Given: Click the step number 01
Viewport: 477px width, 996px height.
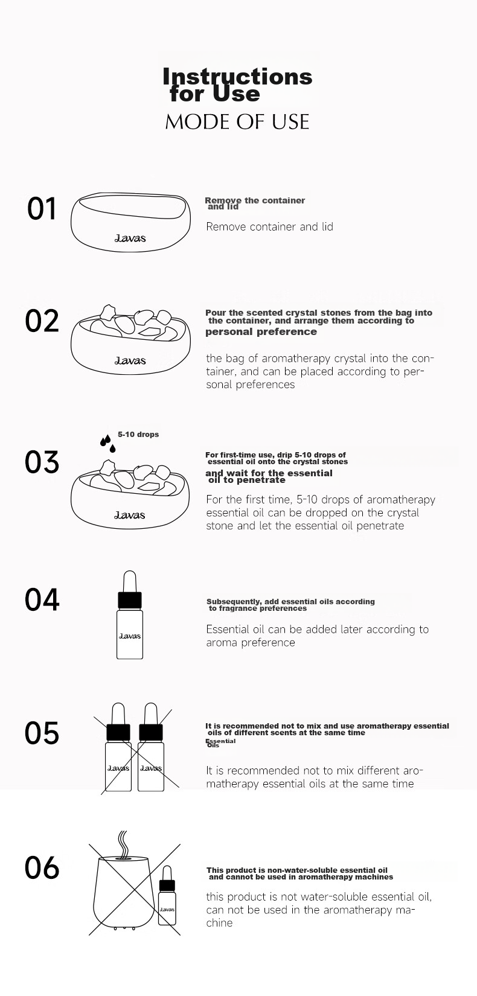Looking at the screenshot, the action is point(42,208).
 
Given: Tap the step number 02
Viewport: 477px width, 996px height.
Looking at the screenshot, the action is point(42,321).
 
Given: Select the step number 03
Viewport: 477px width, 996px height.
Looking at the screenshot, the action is point(42,462).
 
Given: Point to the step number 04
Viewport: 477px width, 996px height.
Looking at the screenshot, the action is point(42,599).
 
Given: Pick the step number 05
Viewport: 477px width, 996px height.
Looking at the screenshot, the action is point(42,733).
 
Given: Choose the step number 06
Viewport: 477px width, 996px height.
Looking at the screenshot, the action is point(42,867).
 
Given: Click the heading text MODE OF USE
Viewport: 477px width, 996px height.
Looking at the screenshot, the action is point(237,122).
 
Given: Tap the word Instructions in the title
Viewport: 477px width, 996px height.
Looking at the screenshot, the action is point(238,76).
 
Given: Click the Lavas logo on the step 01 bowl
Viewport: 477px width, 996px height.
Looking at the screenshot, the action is point(130,238).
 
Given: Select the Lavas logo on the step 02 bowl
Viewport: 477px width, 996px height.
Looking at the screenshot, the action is point(130,360).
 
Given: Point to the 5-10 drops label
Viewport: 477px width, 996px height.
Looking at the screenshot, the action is point(138,435).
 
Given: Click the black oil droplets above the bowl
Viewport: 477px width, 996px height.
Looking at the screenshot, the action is point(107,443).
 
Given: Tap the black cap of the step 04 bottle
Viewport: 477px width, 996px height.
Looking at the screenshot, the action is point(129,600).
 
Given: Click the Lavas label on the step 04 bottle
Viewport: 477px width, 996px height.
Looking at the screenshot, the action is point(129,636).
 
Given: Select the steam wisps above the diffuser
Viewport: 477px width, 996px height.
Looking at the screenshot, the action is point(123,843).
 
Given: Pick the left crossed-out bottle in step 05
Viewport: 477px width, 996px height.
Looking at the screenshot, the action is point(118,747).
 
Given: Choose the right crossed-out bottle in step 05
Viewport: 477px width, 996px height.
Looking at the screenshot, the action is point(151,747).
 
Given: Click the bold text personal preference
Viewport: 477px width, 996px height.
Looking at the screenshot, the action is point(261,332).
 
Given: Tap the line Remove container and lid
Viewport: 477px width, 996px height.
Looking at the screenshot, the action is point(270,227).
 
